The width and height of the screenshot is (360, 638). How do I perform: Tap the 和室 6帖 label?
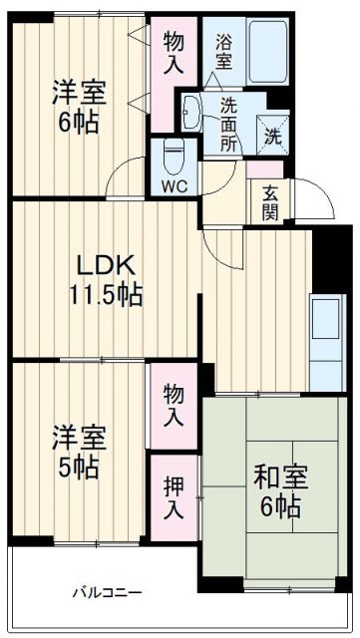278,489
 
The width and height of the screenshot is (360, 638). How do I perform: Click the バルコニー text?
106,592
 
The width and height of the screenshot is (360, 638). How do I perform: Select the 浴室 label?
223,50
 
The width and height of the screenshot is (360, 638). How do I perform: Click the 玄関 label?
271,202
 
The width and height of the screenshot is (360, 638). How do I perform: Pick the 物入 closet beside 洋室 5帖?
175,405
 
